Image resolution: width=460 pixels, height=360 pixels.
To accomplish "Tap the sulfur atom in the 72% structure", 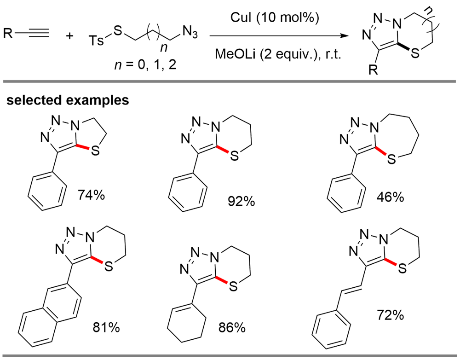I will click(x=402, y=269).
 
